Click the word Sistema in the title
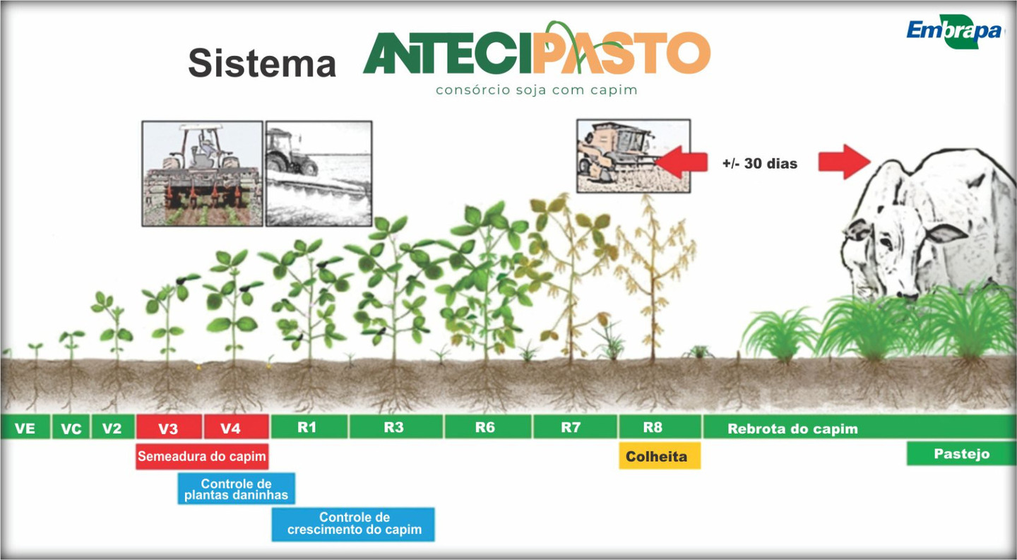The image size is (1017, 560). click(x=262, y=63)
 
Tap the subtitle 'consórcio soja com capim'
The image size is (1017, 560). click(x=536, y=90)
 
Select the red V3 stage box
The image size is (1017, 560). click(x=168, y=427)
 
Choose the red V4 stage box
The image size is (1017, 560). click(x=236, y=427)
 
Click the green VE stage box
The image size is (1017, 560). click(x=25, y=427)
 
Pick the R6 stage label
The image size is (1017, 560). click(x=485, y=427)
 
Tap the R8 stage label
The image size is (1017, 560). click(x=653, y=427)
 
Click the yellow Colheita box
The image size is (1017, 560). click(x=660, y=456)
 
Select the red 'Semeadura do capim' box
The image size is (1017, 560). click(x=202, y=456)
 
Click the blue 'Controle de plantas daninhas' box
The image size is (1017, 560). click(x=236, y=489)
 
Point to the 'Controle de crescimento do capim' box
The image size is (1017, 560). click(x=353, y=524)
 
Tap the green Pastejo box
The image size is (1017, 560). click(x=961, y=454)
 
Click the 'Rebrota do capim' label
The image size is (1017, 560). click(x=792, y=429)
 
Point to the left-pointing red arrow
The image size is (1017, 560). click(x=682, y=162)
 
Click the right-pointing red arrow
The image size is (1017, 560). click(x=845, y=162)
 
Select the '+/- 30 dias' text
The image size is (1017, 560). click(x=760, y=163)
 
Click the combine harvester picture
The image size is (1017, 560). click(x=634, y=156)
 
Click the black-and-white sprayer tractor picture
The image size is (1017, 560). click(x=319, y=173)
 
